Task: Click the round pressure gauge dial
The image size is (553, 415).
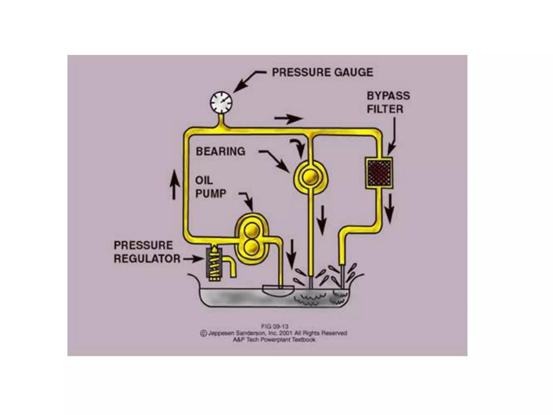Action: point(221,103)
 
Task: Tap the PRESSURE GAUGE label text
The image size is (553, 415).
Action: point(322,72)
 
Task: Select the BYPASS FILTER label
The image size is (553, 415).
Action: point(388,102)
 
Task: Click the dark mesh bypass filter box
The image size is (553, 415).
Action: point(379,173)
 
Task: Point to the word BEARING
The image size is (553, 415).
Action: point(220,151)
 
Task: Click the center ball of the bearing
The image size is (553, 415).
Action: point(311,177)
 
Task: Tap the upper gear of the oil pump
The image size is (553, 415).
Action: point(252,230)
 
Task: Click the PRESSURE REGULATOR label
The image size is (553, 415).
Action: point(147,252)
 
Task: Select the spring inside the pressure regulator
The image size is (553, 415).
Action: point(214,263)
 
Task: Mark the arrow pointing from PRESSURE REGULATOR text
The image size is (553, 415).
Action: point(193,259)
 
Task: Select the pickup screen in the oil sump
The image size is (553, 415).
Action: point(278,291)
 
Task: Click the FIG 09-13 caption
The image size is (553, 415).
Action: point(274,326)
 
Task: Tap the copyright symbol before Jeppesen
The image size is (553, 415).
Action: point(203,333)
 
